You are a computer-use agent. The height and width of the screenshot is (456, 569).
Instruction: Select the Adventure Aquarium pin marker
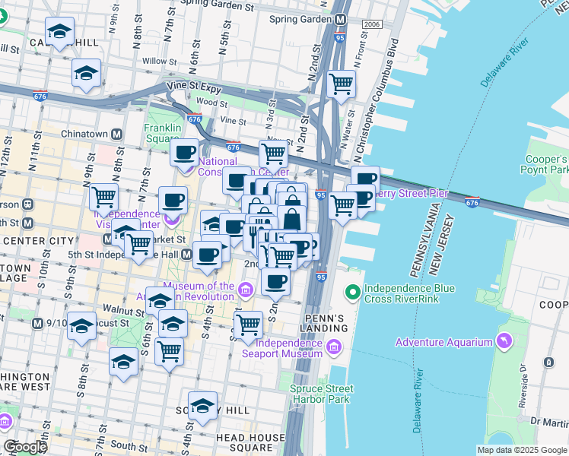tap(502, 337)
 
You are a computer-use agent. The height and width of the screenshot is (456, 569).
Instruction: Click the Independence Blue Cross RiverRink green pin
tap(352, 291)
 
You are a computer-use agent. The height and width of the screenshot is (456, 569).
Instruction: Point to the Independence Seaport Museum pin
tap(333, 348)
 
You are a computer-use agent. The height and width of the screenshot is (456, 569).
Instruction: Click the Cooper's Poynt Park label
tap(545, 165)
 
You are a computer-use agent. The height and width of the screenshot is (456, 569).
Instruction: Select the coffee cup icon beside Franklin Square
tap(183, 152)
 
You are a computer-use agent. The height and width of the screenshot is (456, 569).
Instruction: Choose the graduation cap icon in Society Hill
tap(202, 405)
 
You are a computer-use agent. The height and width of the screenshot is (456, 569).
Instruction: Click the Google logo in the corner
tap(25, 447)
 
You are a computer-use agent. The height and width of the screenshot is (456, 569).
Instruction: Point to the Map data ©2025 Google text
tap(522, 450)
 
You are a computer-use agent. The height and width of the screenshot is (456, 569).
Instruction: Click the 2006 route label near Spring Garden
tap(371, 24)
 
